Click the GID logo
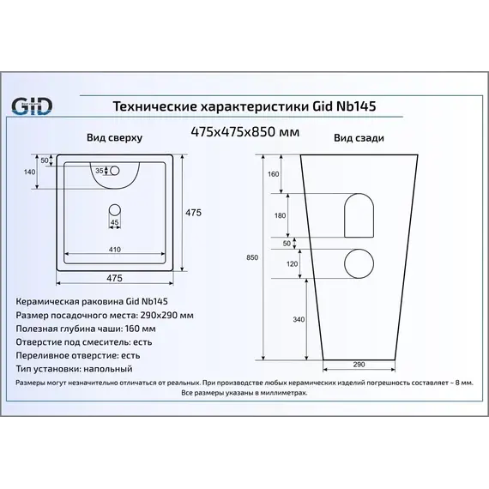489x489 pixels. [31, 106]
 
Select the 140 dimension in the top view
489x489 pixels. [31, 173]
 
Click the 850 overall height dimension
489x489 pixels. [251, 257]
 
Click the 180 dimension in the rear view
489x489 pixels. [279, 215]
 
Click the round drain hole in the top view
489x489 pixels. [115, 208]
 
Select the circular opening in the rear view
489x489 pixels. [359, 263]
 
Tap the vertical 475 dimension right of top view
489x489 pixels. [193, 212]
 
